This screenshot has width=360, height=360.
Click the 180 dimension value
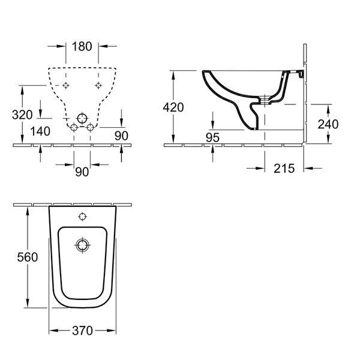82,46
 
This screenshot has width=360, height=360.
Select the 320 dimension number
22,115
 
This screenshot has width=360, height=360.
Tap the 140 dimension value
40,131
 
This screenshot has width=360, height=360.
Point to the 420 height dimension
173,107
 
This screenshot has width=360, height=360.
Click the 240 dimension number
328,124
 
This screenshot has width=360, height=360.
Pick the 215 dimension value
284,169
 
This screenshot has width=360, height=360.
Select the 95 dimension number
212,137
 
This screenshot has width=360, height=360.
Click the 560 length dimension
28,257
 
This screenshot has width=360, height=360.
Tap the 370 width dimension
82,331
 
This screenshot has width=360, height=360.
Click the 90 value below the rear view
82,172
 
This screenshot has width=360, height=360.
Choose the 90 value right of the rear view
121,136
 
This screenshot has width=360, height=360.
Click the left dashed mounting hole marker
66,85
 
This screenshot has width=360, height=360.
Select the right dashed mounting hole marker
98,85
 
